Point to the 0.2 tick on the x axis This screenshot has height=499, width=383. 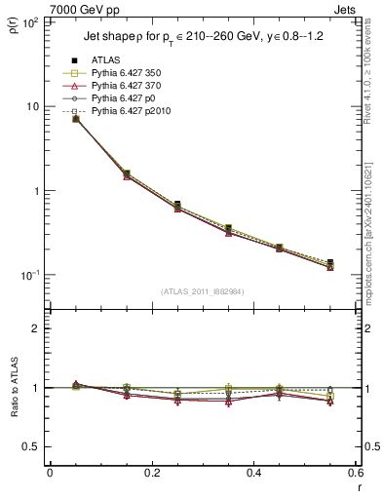coord(152,474)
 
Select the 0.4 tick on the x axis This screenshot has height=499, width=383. coord(253,474)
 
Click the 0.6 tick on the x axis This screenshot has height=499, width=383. coord(355,474)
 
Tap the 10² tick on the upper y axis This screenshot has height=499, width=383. coord(32,21)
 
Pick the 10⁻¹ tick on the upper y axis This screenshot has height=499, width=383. coord(32,276)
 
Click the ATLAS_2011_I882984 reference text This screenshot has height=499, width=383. coord(202,291)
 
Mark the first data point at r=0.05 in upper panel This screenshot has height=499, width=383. coord(75,118)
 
